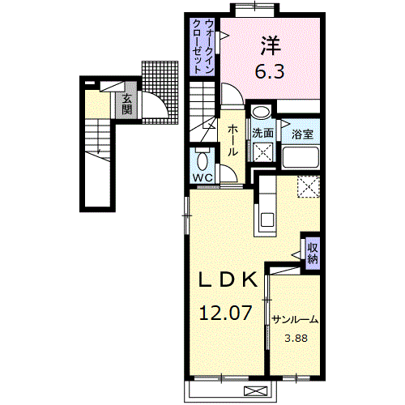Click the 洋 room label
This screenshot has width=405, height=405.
coord(271,44)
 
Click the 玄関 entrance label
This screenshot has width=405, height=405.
coord(127,104)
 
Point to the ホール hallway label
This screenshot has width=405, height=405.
coord(232,139)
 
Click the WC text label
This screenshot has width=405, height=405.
coord(202,176)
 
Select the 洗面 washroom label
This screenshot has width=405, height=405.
coord(262,134)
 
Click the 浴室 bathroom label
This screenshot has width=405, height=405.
coord(303,134)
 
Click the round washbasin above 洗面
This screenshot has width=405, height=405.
coord(261,113)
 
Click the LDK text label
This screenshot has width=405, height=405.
coord(229,279)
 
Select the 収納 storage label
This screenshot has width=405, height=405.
coord(312,252)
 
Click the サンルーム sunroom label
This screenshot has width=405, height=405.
coord(296,319)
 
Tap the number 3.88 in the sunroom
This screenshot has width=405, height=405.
coord(295,339)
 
